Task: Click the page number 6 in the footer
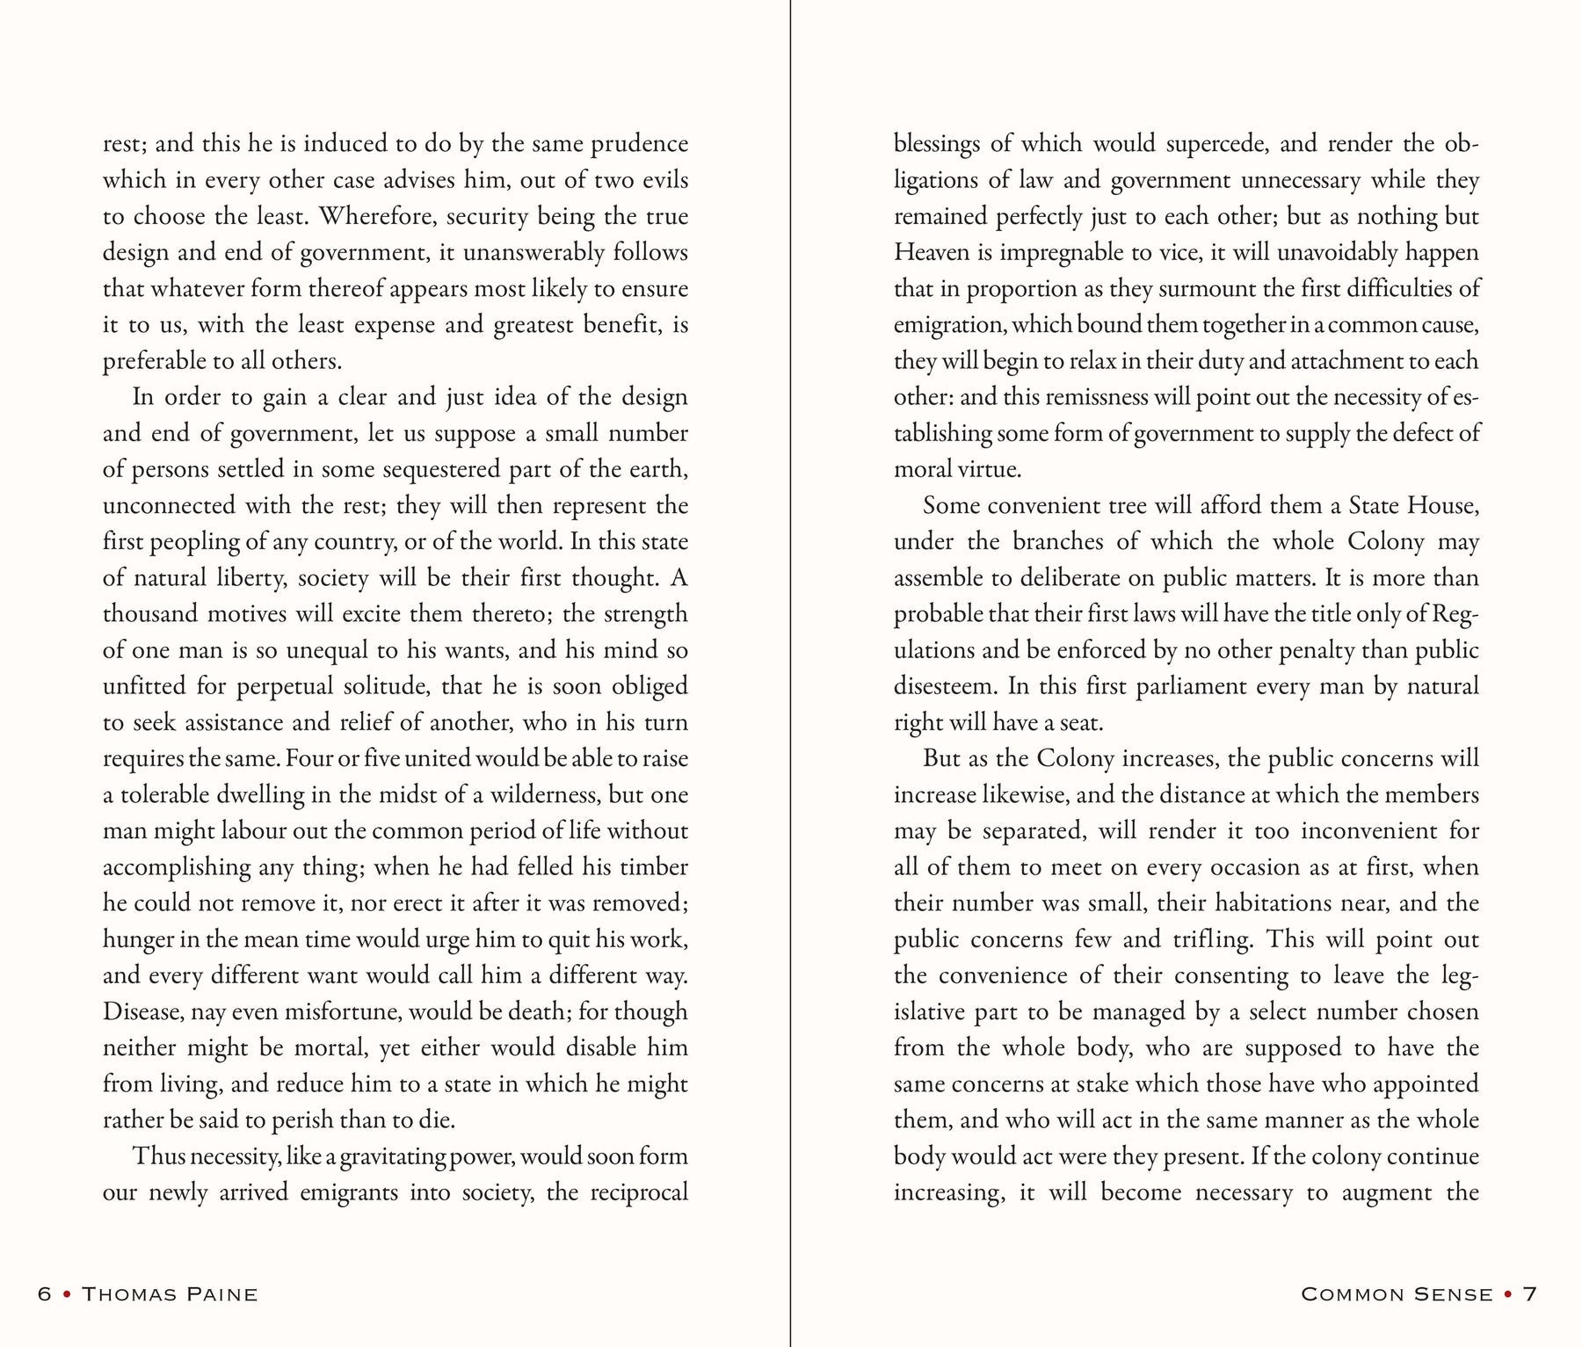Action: [x=44, y=1294]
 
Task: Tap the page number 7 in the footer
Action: [x=1530, y=1294]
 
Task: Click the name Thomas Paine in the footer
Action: [x=170, y=1294]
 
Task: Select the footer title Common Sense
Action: [x=1397, y=1294]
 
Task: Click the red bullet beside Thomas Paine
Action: [x=67, y=1294]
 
